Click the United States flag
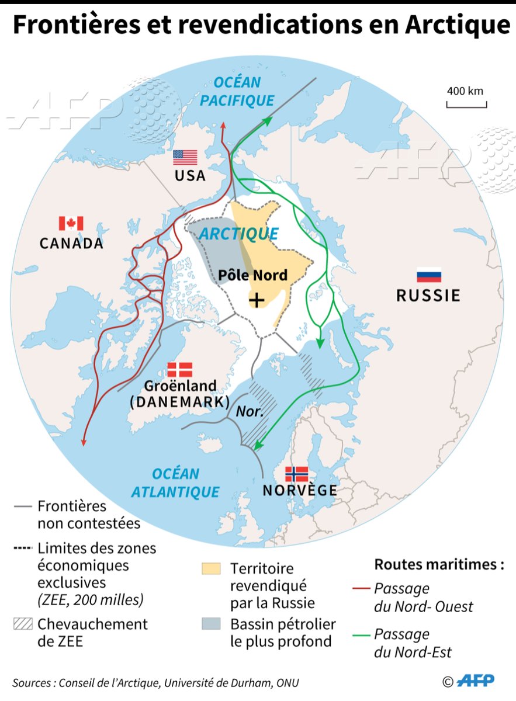point(185,158)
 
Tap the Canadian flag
point(71,224)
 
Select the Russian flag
point(428,275)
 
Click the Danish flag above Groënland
point(179,370)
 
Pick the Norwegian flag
point(296,474)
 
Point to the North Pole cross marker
point(256,300)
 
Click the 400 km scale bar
point(466,105)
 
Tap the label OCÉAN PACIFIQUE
point(236,92)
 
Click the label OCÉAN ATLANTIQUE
point(175,483)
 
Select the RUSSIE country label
point(428,296)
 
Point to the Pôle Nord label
point(252,275)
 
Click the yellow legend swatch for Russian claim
point(210,568)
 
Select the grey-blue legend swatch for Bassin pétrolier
point(210,624)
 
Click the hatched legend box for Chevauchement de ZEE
point(22,624)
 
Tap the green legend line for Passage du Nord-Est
point(363,634)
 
